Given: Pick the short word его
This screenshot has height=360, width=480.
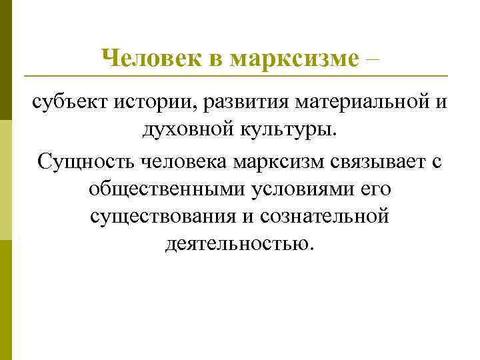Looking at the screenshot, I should click(376, 189).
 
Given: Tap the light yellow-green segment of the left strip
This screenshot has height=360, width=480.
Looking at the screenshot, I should click(5, 180).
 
